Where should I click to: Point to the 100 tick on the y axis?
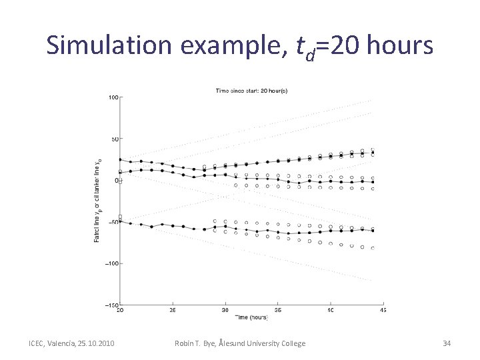[113, 97]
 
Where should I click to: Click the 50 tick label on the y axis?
[114, 139]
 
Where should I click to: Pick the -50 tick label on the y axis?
[113, 222]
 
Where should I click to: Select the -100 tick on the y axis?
[111, 263]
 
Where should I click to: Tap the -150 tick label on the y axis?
[111, 305]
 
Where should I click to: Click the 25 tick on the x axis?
[172, 310]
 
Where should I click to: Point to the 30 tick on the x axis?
[225, 310]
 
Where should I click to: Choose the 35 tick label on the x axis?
[278, 310]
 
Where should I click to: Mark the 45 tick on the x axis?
[383, 310]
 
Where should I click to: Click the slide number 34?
[447, 343]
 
